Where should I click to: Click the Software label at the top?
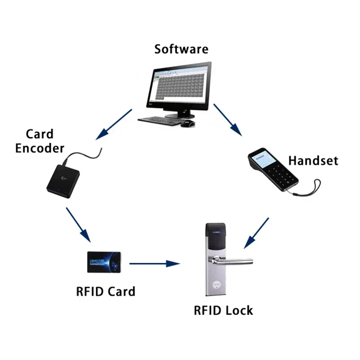point(181,49)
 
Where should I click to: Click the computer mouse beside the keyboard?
point(188,123)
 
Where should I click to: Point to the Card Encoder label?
point(40,141)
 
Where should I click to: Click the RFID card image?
point(104,262)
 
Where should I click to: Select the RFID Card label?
point(105,291)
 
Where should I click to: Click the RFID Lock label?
point(223,310)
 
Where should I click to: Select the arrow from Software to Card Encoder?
point(115,123)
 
